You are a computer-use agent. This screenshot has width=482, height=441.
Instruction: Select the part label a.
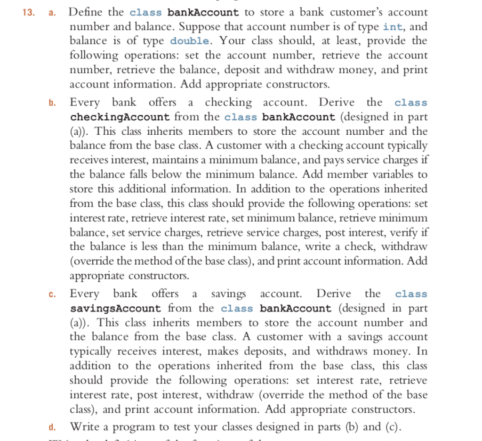point(52,13)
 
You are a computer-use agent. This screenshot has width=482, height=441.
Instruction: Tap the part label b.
point(52,103)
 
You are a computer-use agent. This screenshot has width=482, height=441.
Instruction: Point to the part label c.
point(52,294)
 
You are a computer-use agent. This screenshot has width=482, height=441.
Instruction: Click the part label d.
point(52,427)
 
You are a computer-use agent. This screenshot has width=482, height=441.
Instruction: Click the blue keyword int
point(393,26)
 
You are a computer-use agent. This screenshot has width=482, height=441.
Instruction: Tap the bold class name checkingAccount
point(120,117)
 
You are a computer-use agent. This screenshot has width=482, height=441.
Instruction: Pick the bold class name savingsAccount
point(115,309)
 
